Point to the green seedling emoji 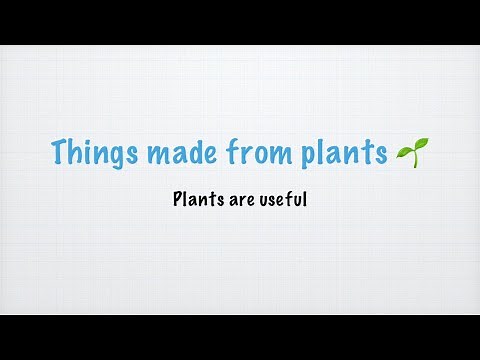(x=411, y=153)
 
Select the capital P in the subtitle (x=177, y=199)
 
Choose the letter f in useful (x=287, y=199)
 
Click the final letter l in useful (x=303, y=199)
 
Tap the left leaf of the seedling (x=404, y=148)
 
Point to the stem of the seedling (x=411, y=160)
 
